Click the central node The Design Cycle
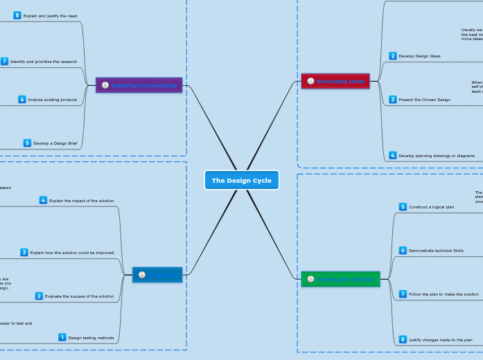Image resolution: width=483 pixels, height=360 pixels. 241,180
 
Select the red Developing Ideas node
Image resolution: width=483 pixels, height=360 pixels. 335,81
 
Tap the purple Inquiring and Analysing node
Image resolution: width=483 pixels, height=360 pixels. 139,85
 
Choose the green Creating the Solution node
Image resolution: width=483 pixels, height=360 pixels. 340,279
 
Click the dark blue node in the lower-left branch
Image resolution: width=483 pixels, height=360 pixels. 157,275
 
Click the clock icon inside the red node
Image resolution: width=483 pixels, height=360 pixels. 310,81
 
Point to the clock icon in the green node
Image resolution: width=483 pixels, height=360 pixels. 310,279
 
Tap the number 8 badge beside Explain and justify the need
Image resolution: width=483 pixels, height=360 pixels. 17,15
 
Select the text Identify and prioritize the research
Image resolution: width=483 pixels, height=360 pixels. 44,62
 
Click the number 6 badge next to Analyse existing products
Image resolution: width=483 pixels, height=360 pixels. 22,100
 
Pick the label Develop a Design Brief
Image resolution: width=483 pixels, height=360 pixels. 55,143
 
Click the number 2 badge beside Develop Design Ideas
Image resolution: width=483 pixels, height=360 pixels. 393,56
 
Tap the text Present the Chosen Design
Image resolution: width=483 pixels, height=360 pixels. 425,100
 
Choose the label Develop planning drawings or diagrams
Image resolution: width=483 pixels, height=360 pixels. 437,156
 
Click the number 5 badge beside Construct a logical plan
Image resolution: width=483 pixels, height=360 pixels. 403,207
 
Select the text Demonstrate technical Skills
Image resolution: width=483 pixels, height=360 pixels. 436,251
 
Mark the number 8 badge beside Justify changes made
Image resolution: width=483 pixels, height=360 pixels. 403,340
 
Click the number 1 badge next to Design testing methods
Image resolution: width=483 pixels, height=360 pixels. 62,338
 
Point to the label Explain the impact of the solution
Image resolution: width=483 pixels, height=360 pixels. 81,201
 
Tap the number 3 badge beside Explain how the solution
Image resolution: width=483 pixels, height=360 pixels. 24,253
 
